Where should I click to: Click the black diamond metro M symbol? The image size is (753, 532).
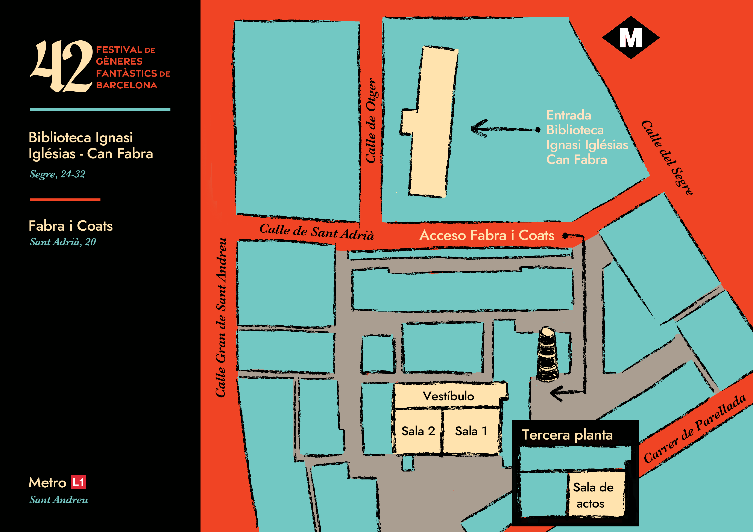coord(630,38)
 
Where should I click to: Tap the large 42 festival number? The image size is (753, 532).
coord(62,66)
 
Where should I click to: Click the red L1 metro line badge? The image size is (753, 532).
coord(78,482)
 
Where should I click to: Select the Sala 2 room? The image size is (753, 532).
coord(418,431)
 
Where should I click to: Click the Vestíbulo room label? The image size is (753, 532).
coord(448,396)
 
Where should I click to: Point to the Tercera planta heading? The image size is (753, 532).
coord(567,435)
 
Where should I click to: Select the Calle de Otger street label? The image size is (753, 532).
coord(371,121)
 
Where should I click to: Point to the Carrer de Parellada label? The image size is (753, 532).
coord(695,429)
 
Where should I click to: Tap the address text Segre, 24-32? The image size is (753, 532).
coord(57,174)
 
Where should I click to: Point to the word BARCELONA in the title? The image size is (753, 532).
coord(127,85)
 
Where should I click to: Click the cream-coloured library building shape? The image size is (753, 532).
coord(430,121)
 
